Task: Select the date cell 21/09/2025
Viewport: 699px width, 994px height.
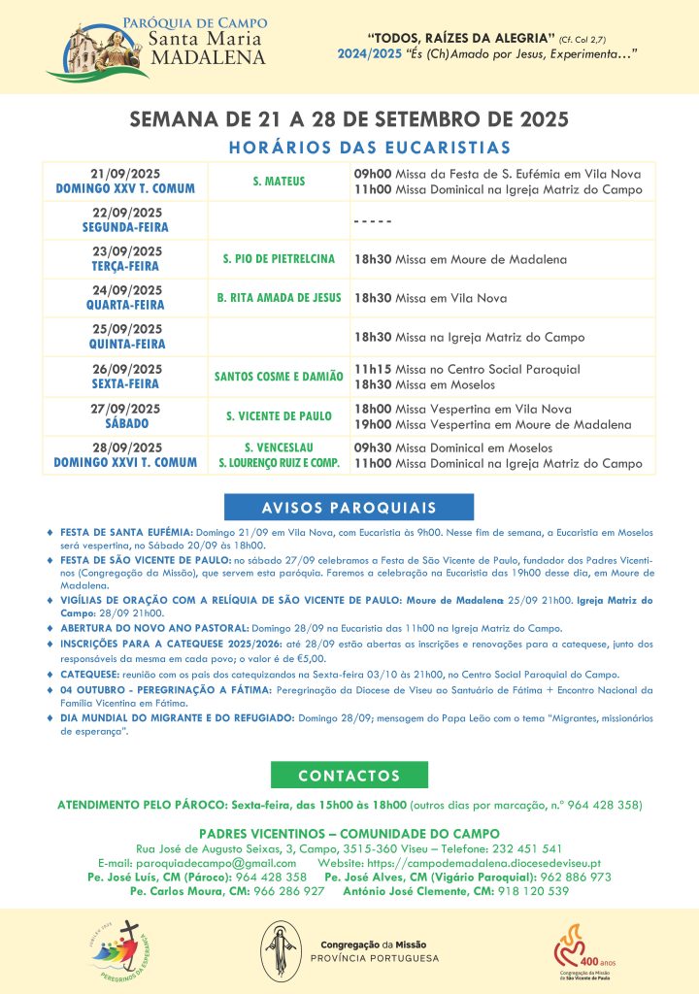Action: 125,173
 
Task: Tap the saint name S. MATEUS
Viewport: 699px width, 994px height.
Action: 279,181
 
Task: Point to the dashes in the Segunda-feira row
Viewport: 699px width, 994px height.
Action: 372,219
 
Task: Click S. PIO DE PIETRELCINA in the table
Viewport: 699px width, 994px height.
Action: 279,259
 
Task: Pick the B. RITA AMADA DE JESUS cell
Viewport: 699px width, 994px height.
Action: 279,298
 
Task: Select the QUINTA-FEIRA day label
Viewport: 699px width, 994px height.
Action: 125,344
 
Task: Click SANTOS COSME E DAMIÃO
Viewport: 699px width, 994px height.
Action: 279,377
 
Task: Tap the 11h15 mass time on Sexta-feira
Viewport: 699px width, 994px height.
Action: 372,370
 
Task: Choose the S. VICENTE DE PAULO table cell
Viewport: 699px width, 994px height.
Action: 279,416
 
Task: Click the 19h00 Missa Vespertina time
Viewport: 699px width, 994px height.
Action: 372,425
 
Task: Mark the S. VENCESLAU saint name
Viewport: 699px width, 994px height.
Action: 279,447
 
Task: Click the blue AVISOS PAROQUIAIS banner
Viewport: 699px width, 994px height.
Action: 349,508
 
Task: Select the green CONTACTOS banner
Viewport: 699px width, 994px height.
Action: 349,776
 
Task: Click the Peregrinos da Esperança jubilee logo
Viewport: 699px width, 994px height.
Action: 121,951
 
